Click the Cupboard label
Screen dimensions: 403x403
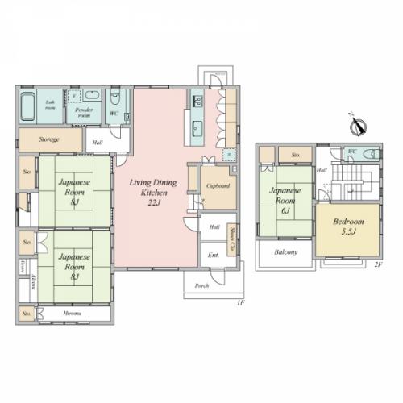218,185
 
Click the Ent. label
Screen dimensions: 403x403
214,256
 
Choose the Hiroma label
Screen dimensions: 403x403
72,313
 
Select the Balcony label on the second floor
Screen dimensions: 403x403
286,252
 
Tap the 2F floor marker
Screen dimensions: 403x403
376,264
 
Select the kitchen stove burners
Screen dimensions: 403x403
197,102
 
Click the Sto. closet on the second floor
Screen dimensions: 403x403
297,154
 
